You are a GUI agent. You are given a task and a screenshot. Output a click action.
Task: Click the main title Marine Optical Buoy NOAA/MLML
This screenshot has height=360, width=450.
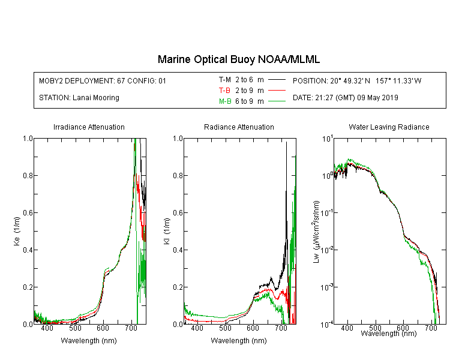coord(238,59)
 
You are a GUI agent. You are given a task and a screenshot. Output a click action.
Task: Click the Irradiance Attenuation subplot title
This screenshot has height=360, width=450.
coord(89,127)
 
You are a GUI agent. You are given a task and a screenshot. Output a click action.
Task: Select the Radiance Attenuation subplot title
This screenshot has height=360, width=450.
coord(239,127)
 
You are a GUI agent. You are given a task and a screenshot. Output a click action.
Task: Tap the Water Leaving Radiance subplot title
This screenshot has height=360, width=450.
coord(389,127)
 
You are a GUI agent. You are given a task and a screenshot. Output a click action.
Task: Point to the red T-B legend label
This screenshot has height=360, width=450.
coord(224,91)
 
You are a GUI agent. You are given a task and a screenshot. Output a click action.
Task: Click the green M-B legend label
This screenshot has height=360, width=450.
coord(225,101)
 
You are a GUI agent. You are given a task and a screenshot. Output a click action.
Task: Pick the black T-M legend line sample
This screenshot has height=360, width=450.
coord(277,80)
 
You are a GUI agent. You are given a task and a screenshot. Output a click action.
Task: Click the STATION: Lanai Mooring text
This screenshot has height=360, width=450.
coord(79,98)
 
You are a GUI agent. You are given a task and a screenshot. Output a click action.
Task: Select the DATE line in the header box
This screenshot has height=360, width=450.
coord(345,98)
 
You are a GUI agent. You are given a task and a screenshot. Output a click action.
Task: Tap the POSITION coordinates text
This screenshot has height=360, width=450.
coord(357,80)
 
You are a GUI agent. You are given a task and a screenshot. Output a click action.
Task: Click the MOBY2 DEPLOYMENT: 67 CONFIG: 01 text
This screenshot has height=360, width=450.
coord(103,80)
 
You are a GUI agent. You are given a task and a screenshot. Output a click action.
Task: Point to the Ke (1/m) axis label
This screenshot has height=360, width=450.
coord(17,231)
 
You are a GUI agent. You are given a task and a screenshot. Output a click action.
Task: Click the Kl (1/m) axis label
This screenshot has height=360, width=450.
coord(167,231)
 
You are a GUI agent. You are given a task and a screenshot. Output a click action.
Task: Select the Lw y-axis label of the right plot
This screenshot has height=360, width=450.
coord(316,232)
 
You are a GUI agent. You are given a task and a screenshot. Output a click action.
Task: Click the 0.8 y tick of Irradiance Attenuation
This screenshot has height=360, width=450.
coord(28,175)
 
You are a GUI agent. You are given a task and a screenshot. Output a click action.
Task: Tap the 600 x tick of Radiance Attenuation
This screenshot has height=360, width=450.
coord(253,328)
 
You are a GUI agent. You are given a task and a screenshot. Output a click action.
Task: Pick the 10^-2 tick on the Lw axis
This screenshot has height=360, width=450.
coord(327,250)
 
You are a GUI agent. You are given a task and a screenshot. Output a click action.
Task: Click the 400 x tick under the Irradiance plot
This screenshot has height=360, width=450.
coord(47,328)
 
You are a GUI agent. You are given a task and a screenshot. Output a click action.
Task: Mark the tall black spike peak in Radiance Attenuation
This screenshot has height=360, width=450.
coord(286,142)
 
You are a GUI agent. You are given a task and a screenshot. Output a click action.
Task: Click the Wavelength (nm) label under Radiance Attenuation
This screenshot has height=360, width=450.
coord(239,341)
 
